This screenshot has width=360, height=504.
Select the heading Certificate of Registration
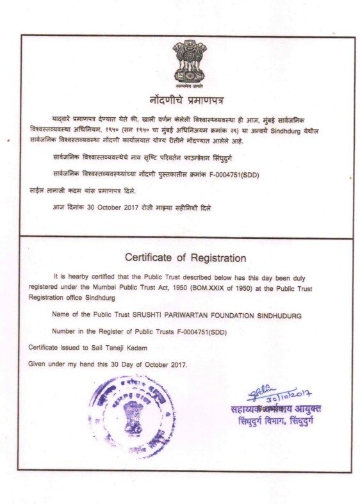(x=185, y=258)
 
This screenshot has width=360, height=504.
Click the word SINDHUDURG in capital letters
(x=280, y=316)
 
